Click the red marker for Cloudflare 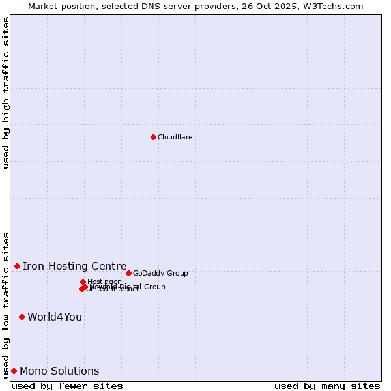[153, 137]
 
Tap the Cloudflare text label [175, 137]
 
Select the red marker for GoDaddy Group [128, 273]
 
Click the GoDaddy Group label [160, 273]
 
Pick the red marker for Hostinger [83, 282]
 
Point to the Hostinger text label [104, 282]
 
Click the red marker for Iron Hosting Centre [17, 266]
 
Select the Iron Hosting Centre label [74, 266]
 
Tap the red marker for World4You [22, 317]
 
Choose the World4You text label [55, 317]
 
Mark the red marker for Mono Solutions [14, 371]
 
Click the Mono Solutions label [59, 371]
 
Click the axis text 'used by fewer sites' [67, 386]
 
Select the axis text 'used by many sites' [327, 386]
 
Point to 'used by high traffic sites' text [6, 93]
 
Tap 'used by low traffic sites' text [6, 304]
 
